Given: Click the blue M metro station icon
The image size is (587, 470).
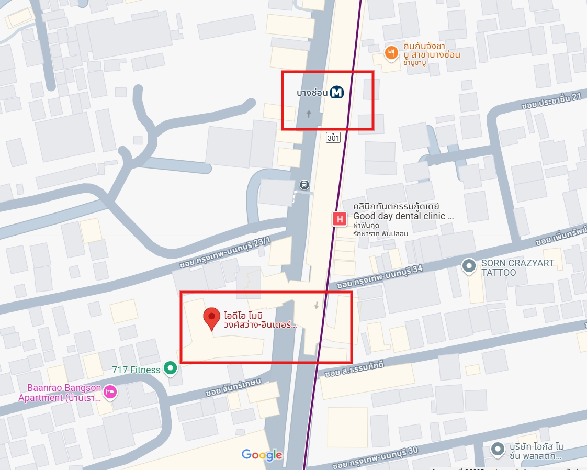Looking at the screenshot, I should pos(336,93).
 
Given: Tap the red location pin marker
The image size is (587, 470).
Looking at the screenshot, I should pos(211,318).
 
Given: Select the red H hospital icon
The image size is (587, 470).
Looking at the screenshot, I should pos(340,219).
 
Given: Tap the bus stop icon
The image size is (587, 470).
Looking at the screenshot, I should pos(304,184).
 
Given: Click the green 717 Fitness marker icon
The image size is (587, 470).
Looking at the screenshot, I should pos(170,368).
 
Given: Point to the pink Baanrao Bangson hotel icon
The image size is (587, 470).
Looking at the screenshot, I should pos(109,392).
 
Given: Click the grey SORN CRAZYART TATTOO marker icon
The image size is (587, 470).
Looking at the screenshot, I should pos(469,267).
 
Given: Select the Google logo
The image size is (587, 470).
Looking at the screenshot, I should pos(262,455).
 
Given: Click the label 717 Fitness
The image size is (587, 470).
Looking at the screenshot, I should pos(136,370).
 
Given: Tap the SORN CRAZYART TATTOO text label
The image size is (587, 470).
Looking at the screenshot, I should pos(517,267).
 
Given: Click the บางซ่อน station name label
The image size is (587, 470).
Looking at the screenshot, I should pos(312,93).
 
